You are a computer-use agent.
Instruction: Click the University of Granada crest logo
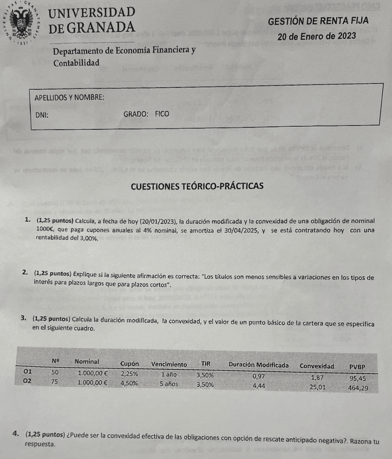pyautogui.click(x=21, y=23)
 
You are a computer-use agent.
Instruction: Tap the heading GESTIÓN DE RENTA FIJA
pyautogui.click(x=318, y=20)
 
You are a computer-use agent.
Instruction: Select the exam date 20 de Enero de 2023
pyautogui.click(x=316, y=36)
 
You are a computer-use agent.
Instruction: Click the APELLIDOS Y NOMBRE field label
pyautogui.click(x=69, y=97)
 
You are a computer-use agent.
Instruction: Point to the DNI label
pyautogui.click(x=42, y=115)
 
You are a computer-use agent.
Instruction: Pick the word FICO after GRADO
pyautogui.click(x=162, y=114)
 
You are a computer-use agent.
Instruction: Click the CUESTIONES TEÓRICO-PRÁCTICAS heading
pyautogui.click(x=197, y=186)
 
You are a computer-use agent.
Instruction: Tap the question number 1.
pyautogui.click(x=27, y=220)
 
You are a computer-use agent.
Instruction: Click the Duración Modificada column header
pyautogui.click(x=258, y=364)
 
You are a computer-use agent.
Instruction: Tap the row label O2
pyautogui.click(x=28, y=381)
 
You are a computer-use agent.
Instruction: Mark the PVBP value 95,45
pyautogui.click(x=358, y=379)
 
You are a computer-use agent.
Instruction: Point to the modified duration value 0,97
pyautogui.click(x=259, y=376)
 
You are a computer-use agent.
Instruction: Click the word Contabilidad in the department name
pyautogui.click(x=76, y=63)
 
